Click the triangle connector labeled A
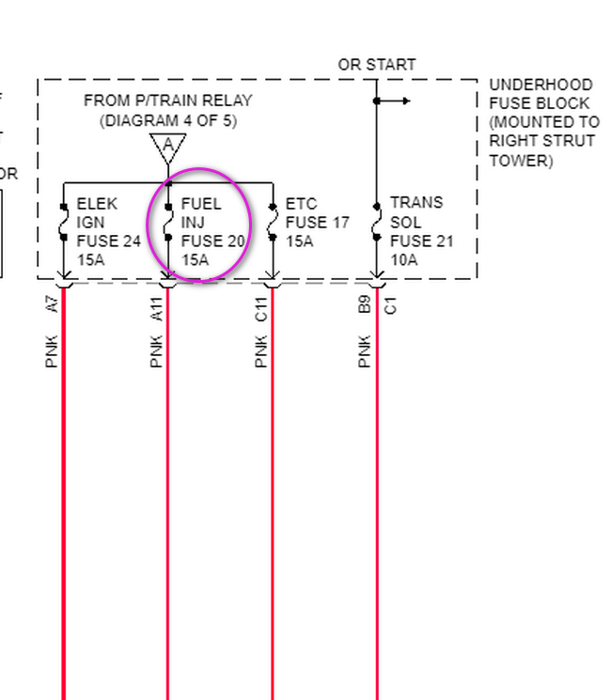[x=167, y=146]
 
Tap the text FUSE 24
[x=108, y=241]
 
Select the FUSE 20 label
[x=212, y=241]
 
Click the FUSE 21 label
[x=421, y=241]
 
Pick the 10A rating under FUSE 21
[x=404, y=260]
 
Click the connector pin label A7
[x=53, y=303]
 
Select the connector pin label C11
[x=261, y=308]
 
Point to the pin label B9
[x=366, y=303]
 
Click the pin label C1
[x=389, y=303]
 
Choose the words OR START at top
[x=377, y=65]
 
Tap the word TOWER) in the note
[x=520, y=161]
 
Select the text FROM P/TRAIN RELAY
[x=168, y=101]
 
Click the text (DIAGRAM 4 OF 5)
[x=168, y=120]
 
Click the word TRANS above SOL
[x=415, y=203]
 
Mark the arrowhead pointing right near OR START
[x=404, y=101]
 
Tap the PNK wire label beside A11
[x=157, y=350]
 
